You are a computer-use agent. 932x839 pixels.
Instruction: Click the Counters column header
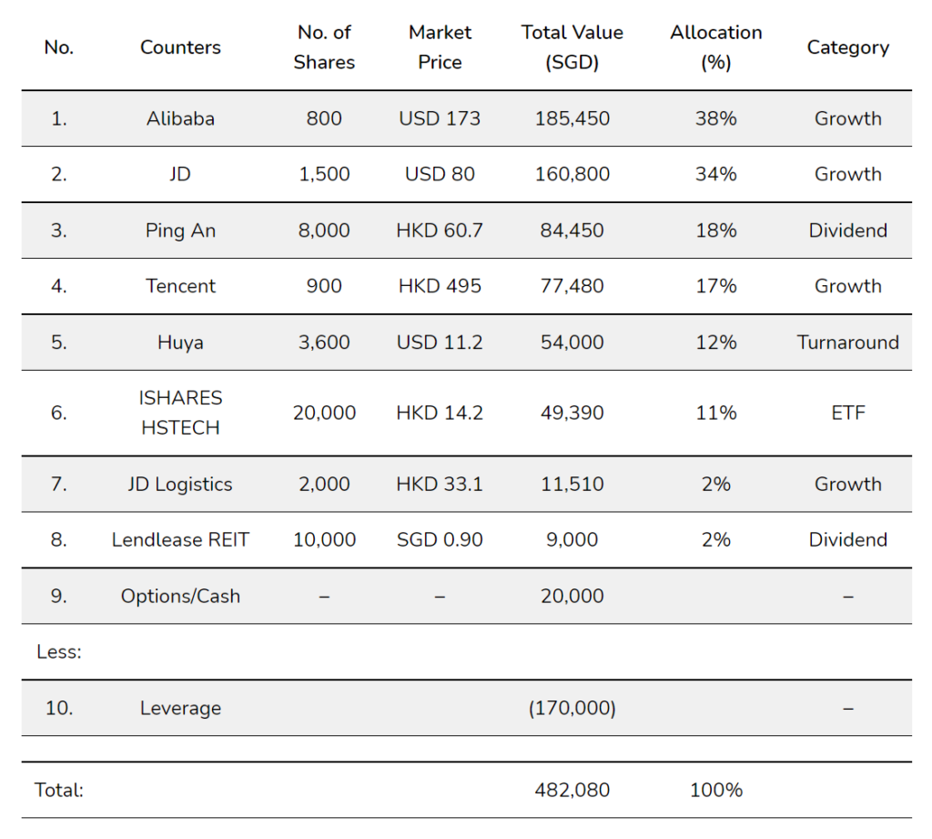coord(180,47)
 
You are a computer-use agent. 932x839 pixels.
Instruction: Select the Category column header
coord(847,47)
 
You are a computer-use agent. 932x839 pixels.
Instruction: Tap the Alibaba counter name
coord(180,118)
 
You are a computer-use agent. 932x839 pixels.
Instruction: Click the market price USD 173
coord(440,118)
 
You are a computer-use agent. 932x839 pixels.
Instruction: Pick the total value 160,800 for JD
coord(572,174)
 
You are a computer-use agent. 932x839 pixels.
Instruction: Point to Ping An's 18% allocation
coord(715,230)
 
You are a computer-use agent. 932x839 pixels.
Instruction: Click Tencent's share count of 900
coord(324,286)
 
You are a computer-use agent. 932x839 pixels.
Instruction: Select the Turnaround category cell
coord(847,343)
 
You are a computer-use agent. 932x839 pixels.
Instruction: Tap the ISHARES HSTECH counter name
coord(180,413)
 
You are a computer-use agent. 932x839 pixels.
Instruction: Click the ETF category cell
coord(847,413)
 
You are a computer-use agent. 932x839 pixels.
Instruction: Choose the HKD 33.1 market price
coord(440,484)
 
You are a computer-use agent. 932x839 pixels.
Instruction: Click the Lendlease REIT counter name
coord(180,539)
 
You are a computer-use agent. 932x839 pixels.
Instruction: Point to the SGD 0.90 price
coord(440,539)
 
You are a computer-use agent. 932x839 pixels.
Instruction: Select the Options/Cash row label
coord(180,596)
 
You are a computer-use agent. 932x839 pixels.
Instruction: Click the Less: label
coord(59,651)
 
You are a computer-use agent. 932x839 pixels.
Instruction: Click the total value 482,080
coord(572,790)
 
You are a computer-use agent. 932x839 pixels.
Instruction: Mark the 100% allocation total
coord(715,790)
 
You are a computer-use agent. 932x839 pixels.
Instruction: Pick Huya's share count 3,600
coord(324,343)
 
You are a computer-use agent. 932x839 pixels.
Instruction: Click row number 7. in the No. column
coord(59,484)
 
